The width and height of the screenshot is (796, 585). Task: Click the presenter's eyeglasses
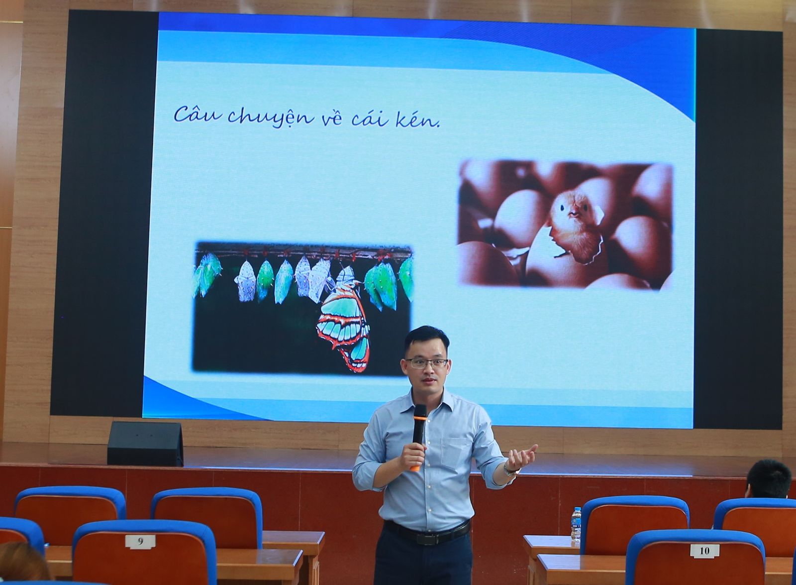[x=426, y=363]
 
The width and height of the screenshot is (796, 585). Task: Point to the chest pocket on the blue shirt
[x=455, y=454]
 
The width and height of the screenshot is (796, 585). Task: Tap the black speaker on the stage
[x=145, y=444]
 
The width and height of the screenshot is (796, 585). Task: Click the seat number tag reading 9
[x=140, y=542]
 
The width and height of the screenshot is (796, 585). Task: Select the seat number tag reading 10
[x=704, y=551]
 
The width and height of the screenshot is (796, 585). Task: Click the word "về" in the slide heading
[x=331, y=119]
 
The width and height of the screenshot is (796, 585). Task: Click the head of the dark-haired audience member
[x=768, y=478]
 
